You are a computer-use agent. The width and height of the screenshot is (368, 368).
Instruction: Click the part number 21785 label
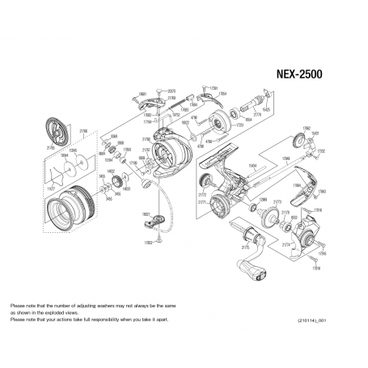click(49, 150)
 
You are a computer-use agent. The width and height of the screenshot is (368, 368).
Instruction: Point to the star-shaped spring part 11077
click(57, 173)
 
